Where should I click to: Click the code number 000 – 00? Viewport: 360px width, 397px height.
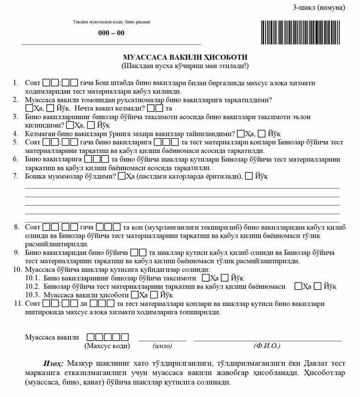pos(111,33)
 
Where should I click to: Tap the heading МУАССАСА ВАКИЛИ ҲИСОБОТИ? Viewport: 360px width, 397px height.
pos(185,57)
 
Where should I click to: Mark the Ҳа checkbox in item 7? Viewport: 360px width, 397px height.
pos(122,176)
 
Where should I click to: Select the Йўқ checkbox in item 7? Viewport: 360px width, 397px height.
pos(249,176)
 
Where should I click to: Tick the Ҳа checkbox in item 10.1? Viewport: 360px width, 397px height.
pos(206,277)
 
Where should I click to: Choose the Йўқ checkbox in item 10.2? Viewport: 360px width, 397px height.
pos(319,286)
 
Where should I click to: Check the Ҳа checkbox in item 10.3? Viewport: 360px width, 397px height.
pos(135,295)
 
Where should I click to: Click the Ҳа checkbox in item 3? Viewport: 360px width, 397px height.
pos(70,125)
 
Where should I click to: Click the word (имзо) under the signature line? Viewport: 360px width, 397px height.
pos(162,345)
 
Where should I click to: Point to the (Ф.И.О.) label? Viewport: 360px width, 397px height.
pos(267,345)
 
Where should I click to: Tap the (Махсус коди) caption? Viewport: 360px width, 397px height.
pos(107,345)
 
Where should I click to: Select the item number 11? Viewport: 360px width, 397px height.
pos(18,303)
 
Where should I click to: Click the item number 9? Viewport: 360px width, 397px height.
pos(16,252)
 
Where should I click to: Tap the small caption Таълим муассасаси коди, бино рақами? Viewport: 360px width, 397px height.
pos(111,22)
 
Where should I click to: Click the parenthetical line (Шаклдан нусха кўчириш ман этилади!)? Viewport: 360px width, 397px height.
pos(185,65)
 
